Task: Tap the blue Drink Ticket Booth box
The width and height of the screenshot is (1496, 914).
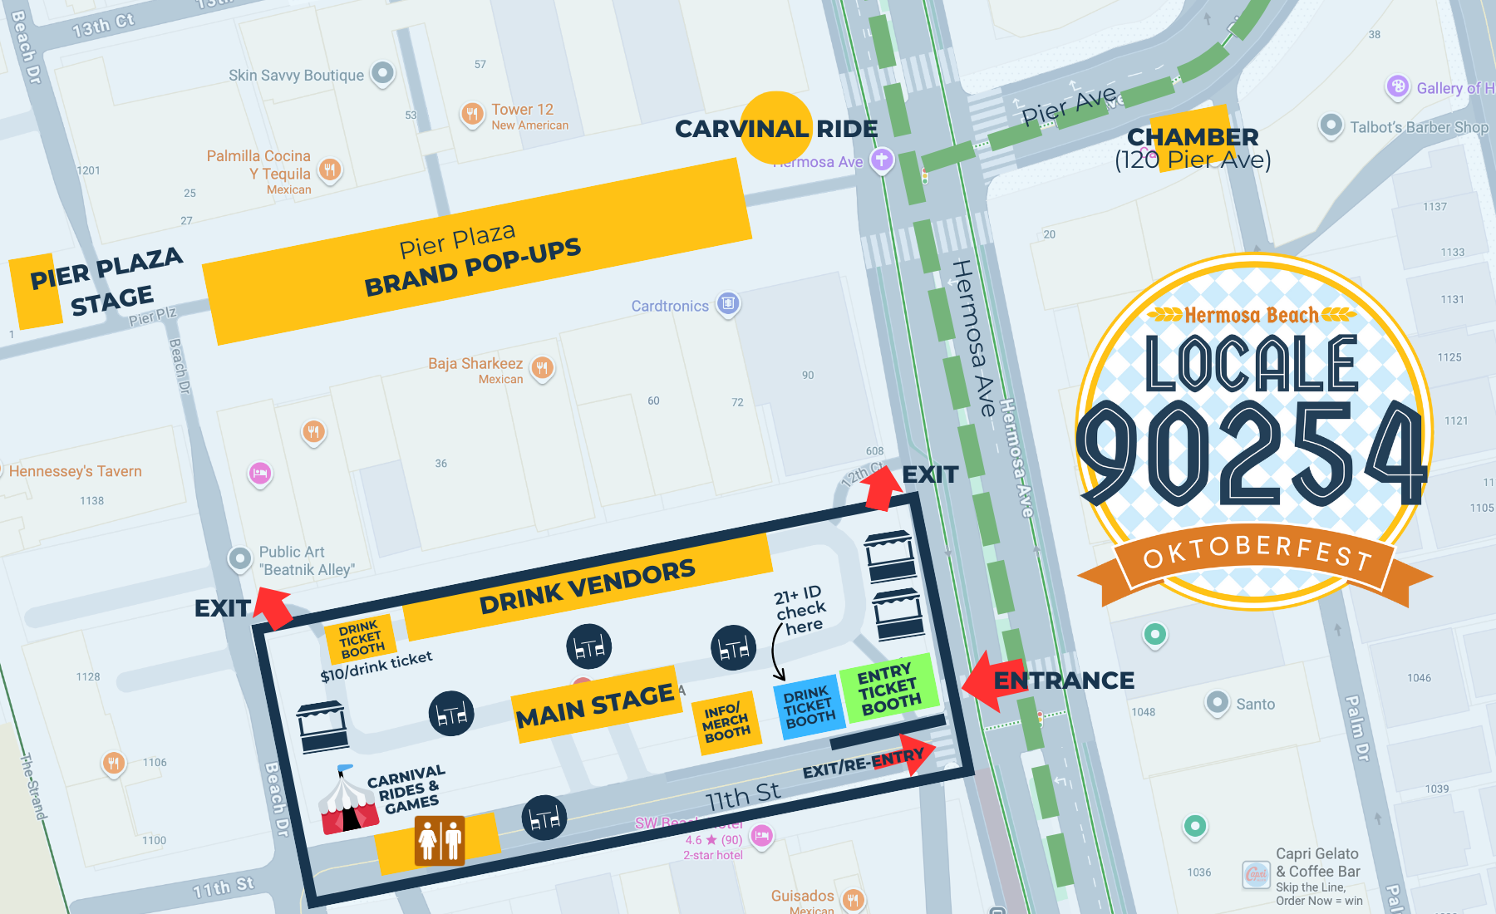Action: [809, 708]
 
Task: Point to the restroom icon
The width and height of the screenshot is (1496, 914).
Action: [440, 840]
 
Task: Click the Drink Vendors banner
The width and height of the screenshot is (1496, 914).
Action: [587, 587]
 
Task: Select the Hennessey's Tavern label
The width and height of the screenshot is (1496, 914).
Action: [75, 471]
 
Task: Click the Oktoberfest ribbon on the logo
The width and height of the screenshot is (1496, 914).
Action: [1255, 558]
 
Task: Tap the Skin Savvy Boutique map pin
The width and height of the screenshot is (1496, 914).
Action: [382, 73]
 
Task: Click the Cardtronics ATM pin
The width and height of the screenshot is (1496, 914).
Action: [728, 303]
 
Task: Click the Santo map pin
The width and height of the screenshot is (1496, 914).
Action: [1217, 702]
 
